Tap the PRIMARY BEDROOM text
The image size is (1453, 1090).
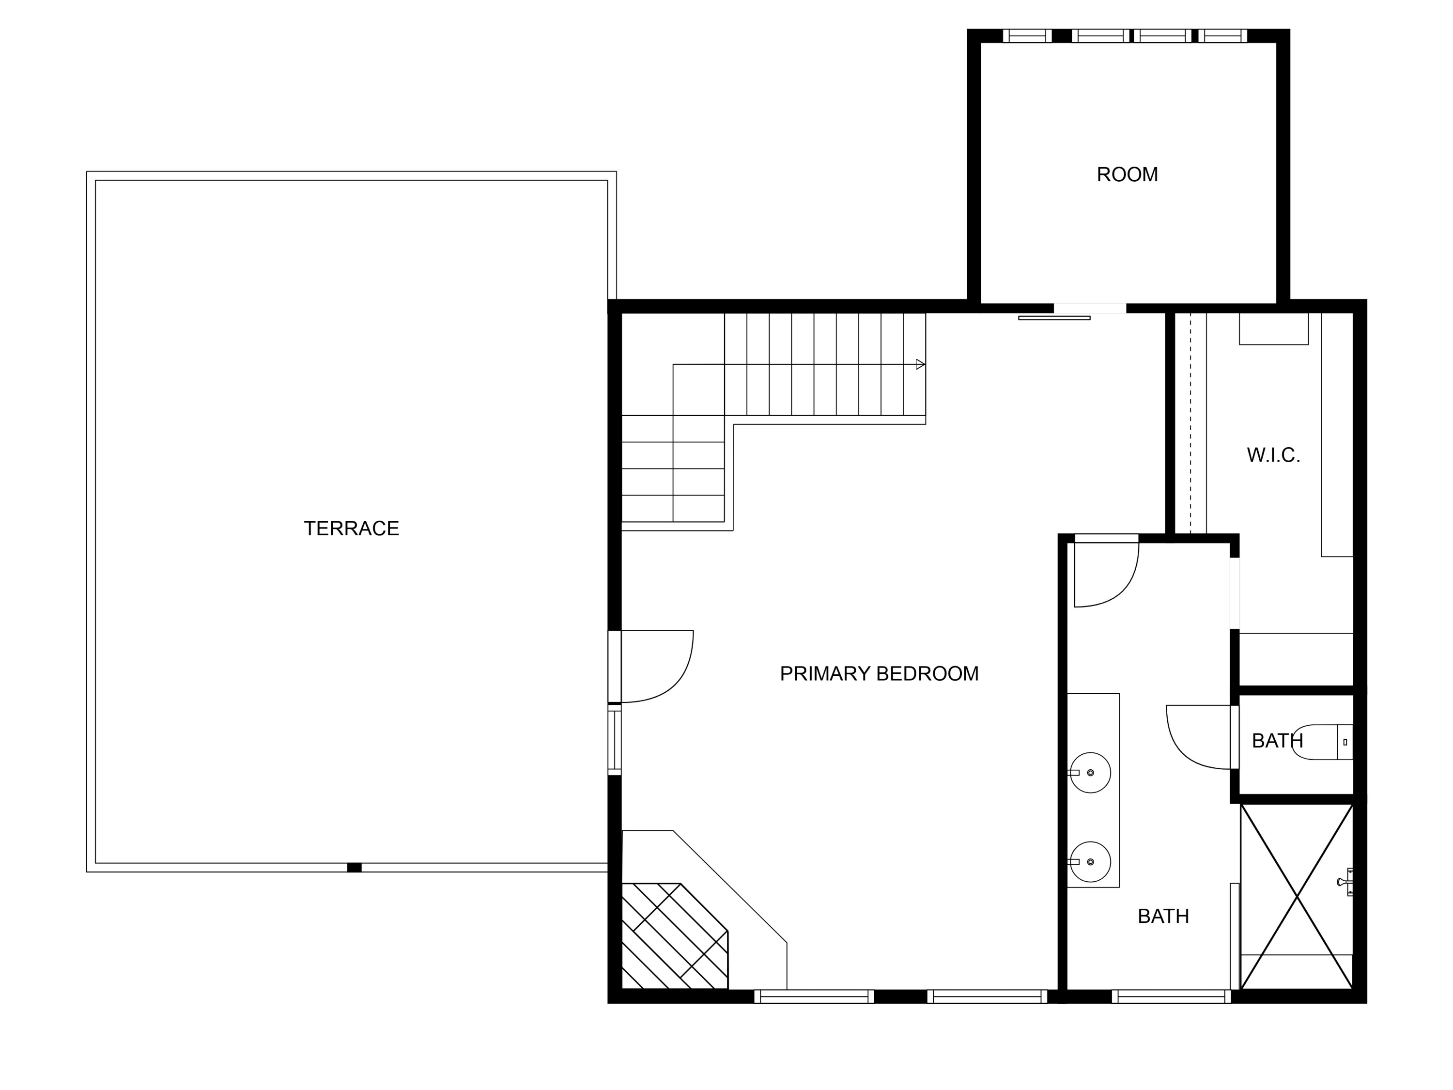point(879,673)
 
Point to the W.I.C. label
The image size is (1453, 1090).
point(1273,455)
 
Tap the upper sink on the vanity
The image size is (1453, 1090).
point(1090,773)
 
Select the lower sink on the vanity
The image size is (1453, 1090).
point(1090,861)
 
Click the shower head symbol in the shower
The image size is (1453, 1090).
point(1344,882)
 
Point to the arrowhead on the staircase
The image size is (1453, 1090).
point(920,364)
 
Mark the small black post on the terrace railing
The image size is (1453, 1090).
point(354,867)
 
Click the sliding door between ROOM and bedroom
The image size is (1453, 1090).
point(1054,318)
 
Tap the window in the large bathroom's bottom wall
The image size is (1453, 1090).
point(1171,997)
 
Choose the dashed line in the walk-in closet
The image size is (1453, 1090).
point(1190,424)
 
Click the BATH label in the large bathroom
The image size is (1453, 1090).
point(1163,916)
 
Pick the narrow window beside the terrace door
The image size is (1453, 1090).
point(614,740)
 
